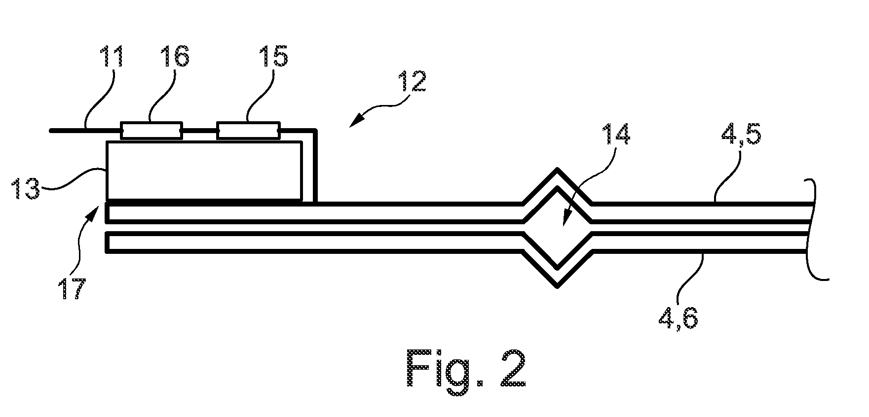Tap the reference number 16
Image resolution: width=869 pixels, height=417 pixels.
click(x=174, y=57)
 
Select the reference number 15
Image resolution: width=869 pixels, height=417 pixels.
click(x=273, y=57)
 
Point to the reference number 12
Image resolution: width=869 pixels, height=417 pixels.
click(x=411, y=82)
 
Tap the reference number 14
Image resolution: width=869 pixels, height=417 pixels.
click(x=616, y=134)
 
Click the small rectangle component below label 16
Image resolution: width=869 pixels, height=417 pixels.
click(x=151, y=131)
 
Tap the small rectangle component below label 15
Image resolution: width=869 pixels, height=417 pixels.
click(x=248, y=131)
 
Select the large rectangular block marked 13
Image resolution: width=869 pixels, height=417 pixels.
click(x=204, y=171)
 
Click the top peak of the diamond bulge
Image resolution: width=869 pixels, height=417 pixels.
click(x=558, y=169)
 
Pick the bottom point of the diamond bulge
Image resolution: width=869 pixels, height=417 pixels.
click(x=558, y=286)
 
